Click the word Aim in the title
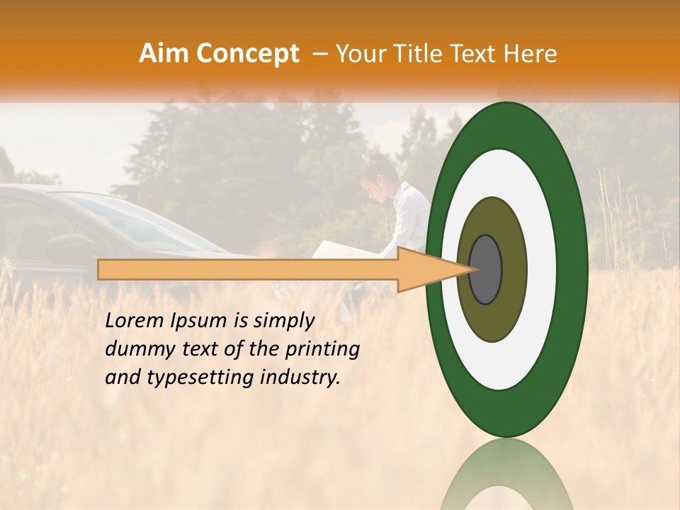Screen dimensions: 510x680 pos(164,54)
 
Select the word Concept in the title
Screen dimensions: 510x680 pos(248,54)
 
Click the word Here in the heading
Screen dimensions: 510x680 pos(532,54)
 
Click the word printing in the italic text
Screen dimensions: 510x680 pos(324,350)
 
